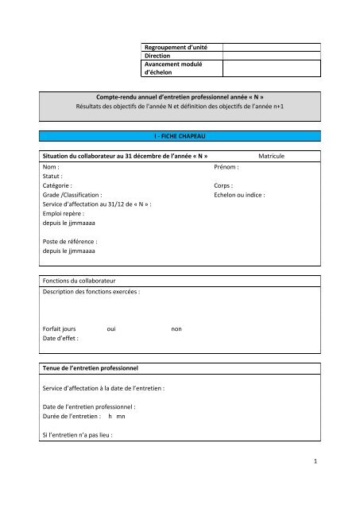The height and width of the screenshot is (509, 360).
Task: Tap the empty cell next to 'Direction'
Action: [271, 57]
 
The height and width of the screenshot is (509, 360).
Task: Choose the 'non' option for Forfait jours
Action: [176, 328]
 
